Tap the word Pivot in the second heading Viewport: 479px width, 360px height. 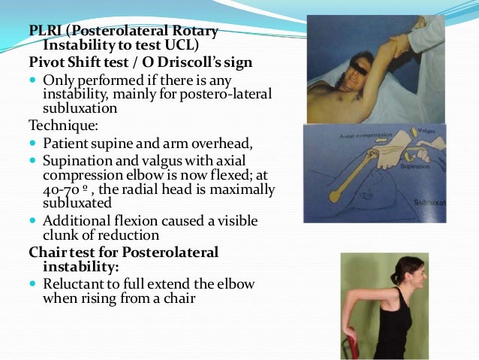[47, 62]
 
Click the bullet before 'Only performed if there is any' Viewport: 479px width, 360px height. [34, 79]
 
